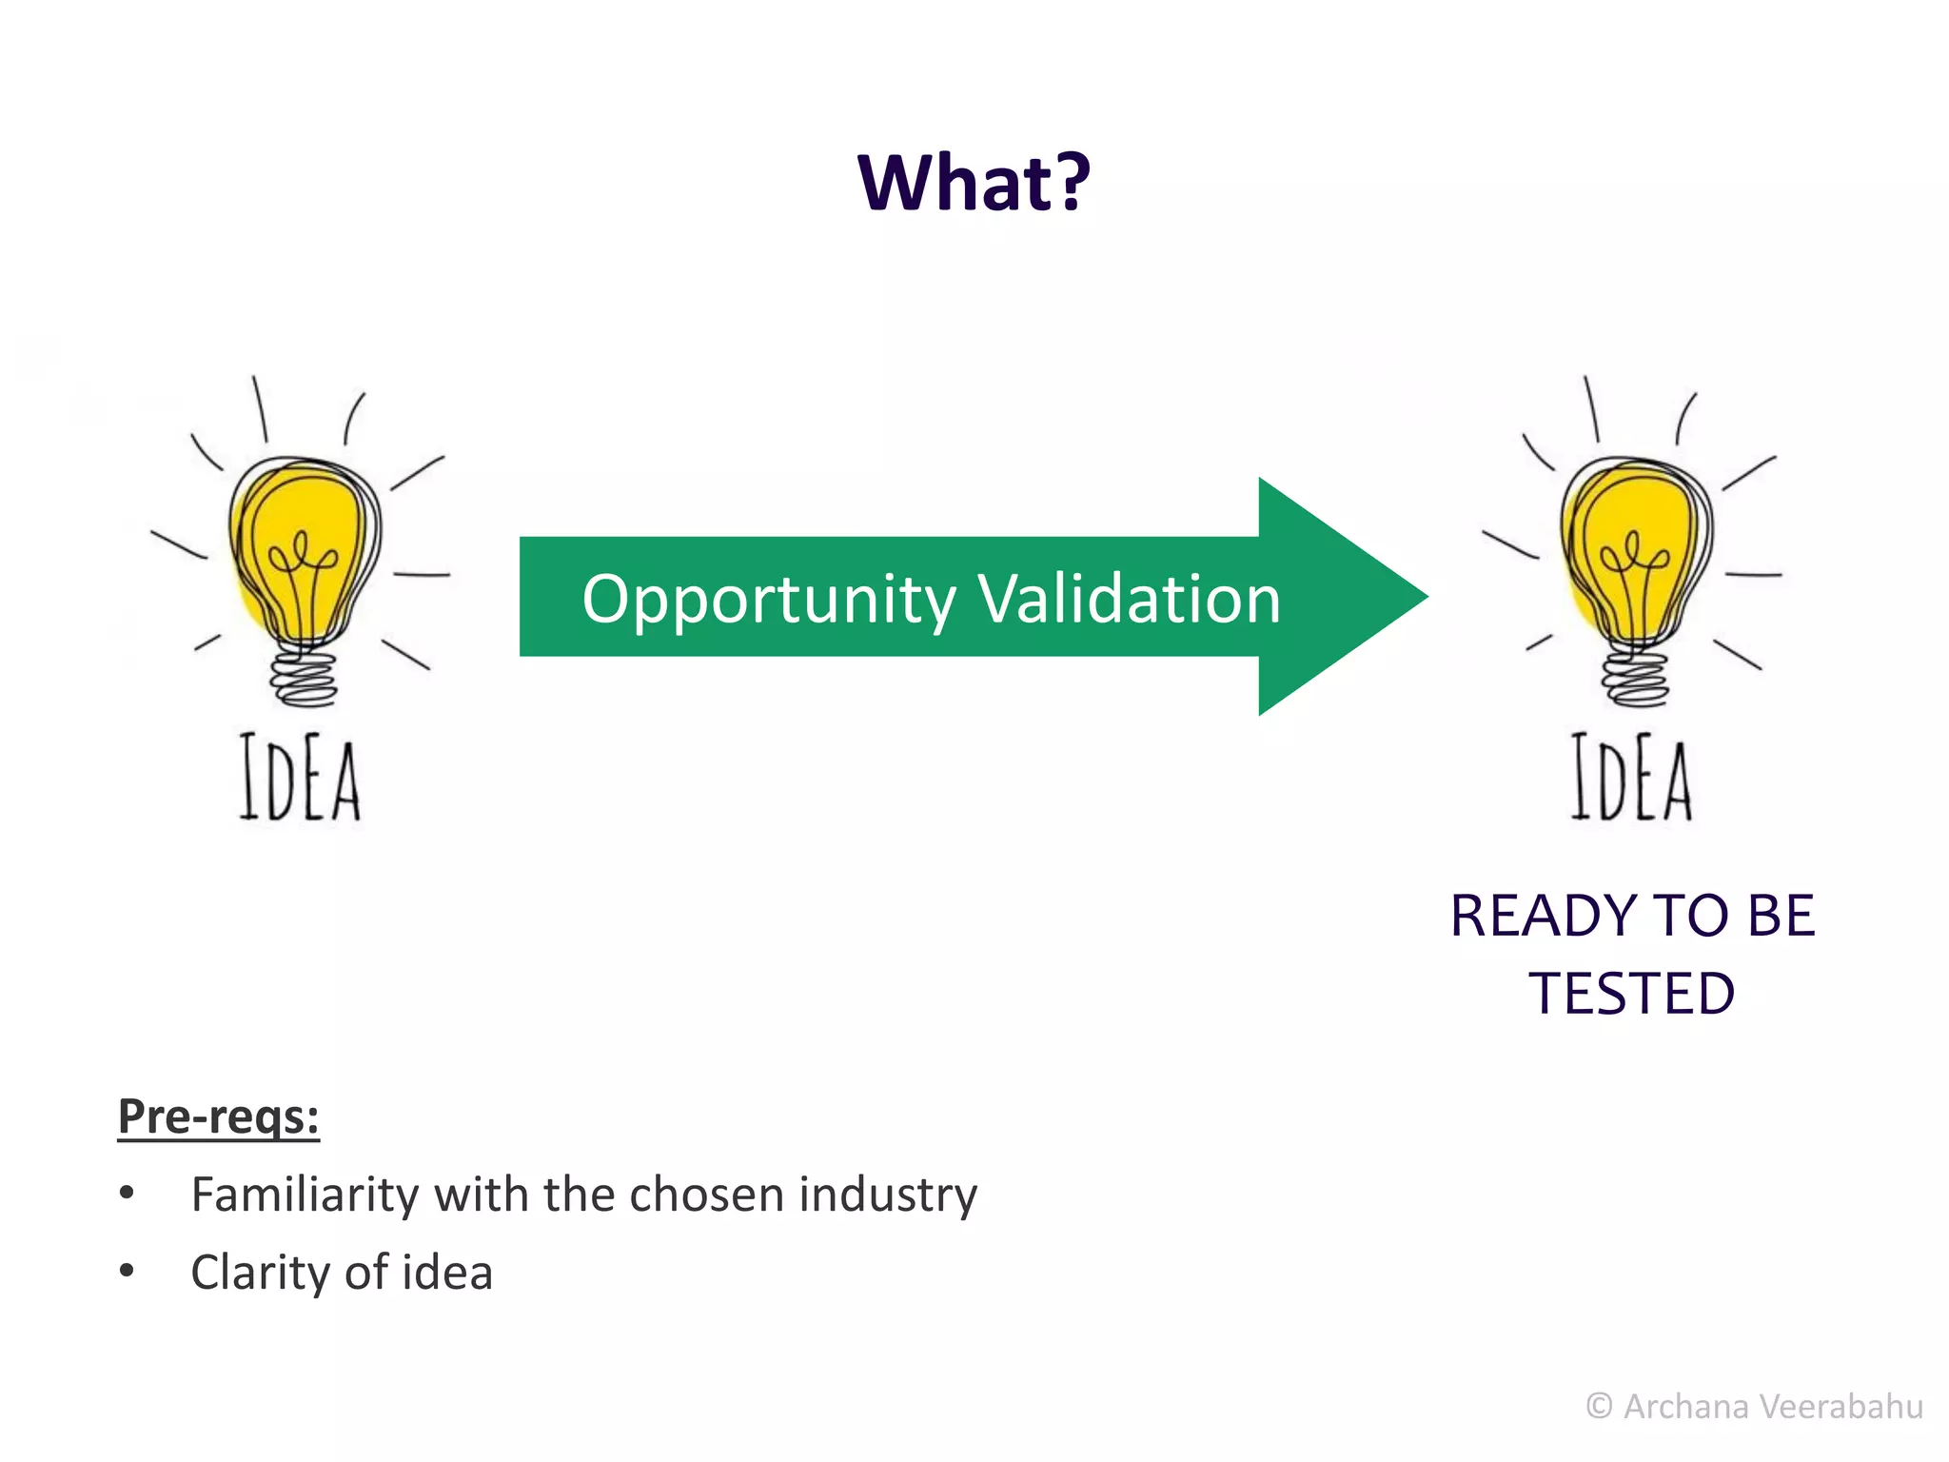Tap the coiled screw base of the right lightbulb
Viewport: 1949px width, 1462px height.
tap(1635, 678)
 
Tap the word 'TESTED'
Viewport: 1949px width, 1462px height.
tap(1632, 994)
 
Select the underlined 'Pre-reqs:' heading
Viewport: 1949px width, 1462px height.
tap(218, 1116)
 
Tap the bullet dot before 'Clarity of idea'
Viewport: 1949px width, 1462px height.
tap(127, 1271)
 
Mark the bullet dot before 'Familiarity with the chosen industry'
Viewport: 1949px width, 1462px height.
tap(127, 1193)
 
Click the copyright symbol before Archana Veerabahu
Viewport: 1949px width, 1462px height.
tap(1599, 1406)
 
